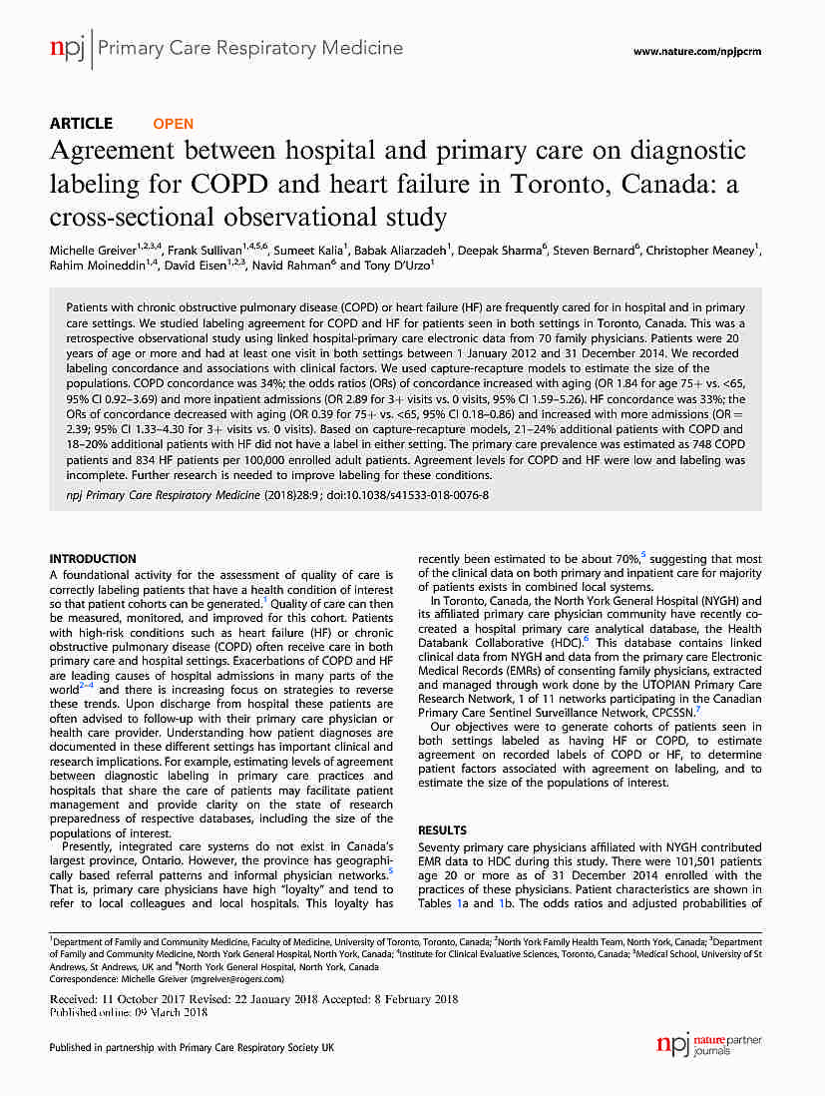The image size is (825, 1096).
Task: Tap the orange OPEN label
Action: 173,124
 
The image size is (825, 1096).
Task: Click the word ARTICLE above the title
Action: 81,124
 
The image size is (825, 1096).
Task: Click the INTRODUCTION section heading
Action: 93,559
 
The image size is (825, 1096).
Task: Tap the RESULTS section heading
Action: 442,829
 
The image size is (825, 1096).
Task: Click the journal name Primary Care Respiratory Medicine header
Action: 250,47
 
